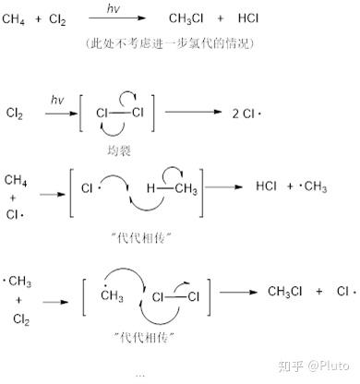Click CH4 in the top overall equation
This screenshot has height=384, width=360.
point(14,19)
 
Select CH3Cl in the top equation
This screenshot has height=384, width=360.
point(186,18)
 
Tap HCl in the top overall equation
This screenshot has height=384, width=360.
point(248,18)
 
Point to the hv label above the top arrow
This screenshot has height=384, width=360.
point(113,8)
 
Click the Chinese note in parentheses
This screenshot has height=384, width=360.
point(170,43)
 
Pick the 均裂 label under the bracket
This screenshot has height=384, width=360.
point(119,150)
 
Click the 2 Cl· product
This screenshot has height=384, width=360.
point(246,114)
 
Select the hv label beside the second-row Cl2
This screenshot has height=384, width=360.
point(57,100)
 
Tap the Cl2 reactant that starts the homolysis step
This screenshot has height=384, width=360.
point(15,114)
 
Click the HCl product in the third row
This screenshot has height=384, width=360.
point(266,186)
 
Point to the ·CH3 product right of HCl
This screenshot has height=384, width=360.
point(313,186)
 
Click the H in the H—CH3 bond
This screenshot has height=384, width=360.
point(150,188)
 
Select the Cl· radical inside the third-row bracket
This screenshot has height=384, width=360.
point(90,188)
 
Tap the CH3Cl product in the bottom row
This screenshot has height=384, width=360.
point(284,292)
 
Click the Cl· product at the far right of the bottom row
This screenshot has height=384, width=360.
point(346,291)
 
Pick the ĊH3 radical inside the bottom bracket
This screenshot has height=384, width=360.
point(112,294)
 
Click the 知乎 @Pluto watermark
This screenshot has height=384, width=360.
point(313,366)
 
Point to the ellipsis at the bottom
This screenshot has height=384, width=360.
point(140,375)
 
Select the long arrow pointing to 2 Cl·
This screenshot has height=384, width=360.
point(193,112)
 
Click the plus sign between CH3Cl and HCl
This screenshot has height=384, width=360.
point(221,18)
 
